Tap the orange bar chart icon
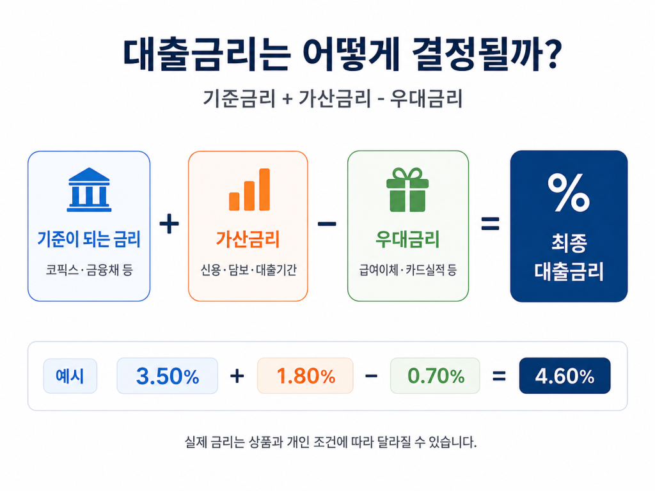249,189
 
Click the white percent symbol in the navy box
569,193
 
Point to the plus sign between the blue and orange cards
169,224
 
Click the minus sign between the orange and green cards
327,224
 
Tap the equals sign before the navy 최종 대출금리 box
490,224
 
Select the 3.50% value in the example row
168,376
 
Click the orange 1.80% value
306,376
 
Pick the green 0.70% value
436,376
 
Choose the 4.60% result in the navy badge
565,376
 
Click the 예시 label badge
70,376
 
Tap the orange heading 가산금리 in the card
248,239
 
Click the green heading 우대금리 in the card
407,239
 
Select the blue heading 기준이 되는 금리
89,239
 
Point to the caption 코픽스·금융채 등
89,270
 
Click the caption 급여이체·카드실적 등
407,270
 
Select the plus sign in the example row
237,376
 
